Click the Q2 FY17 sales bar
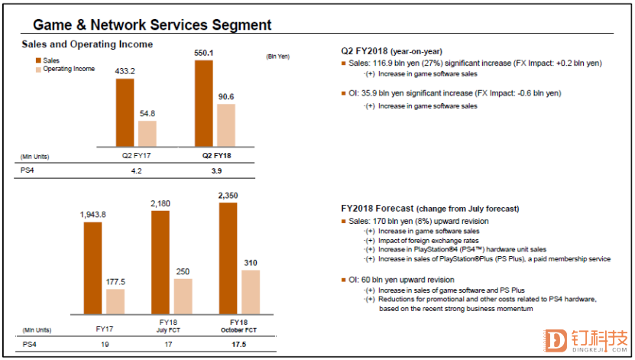click(x=125, y=111)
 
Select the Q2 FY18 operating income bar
click(x=225, y=125)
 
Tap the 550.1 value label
click(x=204, y=53)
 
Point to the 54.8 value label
click(x=147, y=113)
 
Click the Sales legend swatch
click(x=37, y=60)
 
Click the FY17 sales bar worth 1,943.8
click(x=93, y=268)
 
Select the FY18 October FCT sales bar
click(x=228, y=258)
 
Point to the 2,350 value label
click(x=228, y=196)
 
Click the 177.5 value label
click(x=115, y=281)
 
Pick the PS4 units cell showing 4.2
click(x=137, y=170)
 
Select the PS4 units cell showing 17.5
click(x=238, y=345)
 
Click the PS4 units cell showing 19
click(x=105, y=345)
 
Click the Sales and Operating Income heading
click(x=87, y=44)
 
